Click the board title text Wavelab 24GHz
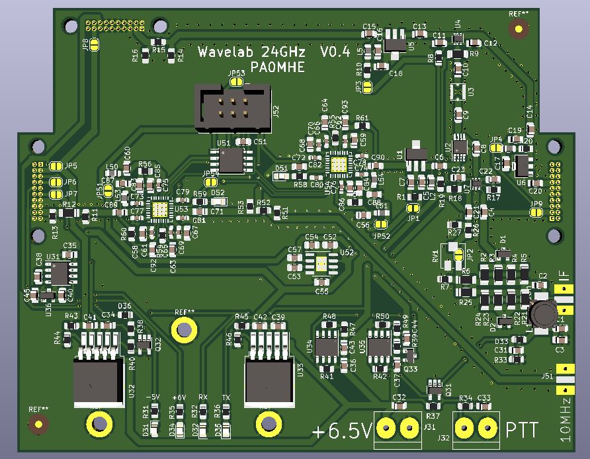point(254,52)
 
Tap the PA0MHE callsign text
point(278,68)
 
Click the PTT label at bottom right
point(521,430)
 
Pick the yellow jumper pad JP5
point(55,167)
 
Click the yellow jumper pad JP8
point(95,45)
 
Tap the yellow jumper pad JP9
point(536,212)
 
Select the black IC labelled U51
point(232,159)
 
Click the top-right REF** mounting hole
point(519,28)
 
